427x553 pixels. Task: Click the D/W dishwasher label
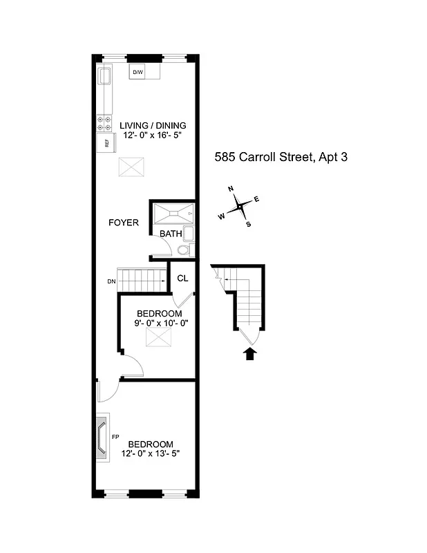137,73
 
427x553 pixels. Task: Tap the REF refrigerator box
106,144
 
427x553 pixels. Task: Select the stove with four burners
104,123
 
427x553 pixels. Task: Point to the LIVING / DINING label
153,126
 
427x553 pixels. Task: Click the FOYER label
124,223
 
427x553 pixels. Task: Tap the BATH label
171,234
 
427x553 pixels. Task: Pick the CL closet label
182,279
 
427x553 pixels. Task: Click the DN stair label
111,281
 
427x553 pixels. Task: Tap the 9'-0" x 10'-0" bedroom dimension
161,323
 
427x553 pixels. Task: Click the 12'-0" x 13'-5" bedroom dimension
150,453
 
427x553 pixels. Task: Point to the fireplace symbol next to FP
102,437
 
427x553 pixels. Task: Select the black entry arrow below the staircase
250,355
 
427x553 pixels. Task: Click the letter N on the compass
231,189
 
